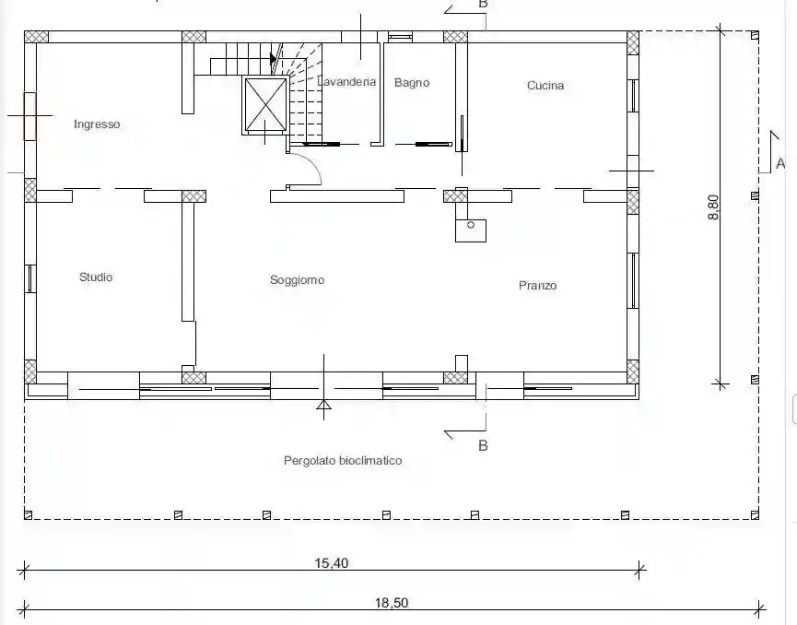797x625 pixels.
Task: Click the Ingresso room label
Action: coord(97,124)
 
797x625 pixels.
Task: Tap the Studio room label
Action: coord(96,277)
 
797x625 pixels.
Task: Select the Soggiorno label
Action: coord(297,280)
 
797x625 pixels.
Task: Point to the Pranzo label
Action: coord(537,286)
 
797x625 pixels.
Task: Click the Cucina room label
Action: coord(545,86)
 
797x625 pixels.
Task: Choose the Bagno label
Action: coord(412,83)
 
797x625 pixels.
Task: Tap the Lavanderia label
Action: coord(347,81)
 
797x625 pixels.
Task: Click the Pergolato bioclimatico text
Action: coord(343,460)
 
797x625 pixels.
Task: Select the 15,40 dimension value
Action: coord(332,563)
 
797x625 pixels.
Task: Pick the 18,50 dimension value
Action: coord(392,603)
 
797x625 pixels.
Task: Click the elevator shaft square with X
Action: coord(265,106)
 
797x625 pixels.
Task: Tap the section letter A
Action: coord(780,163)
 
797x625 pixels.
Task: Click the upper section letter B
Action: coord(483,5)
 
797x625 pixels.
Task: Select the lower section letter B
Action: coord(483,445)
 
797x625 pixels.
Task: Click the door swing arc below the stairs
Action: coord(309,171)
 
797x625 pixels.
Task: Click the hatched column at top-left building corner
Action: coord(36,37)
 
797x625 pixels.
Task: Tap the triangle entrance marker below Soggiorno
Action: coord(323,404)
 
